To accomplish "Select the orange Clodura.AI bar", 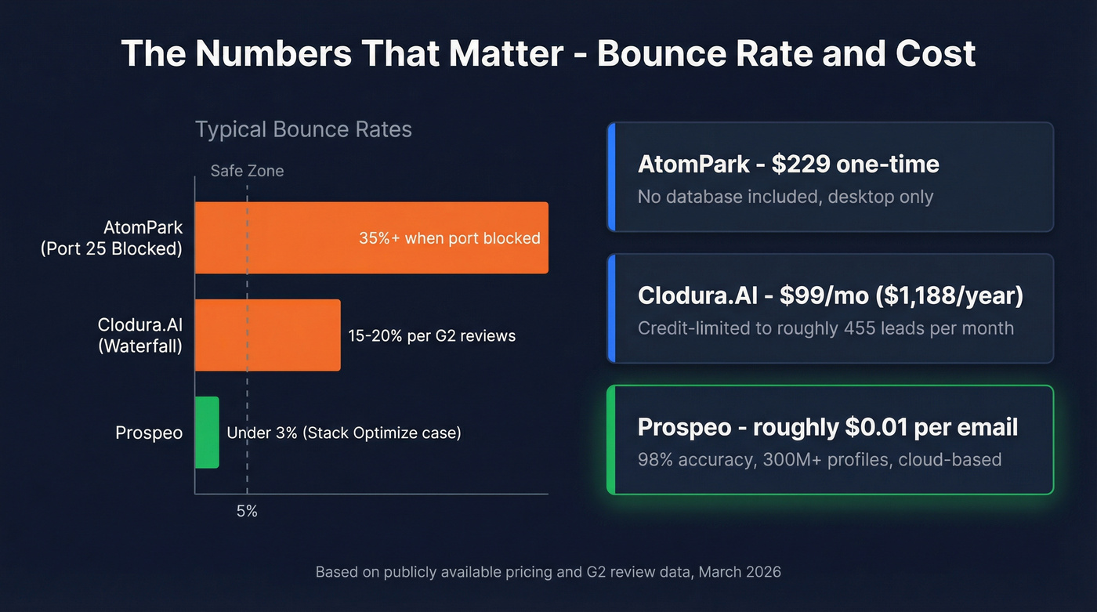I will tap(267, 335).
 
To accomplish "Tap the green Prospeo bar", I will tap(207, 433).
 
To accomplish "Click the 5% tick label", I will tap(247, 512).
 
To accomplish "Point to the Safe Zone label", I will tap(247, 171).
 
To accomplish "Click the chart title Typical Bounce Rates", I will tap(303, 129).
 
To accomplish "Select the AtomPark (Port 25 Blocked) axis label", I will tap(111, 238).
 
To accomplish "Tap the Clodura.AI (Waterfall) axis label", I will tap(140, 335).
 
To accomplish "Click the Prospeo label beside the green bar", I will tap(149, 433).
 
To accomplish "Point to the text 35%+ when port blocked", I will tap(449, 238).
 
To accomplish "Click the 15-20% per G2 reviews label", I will tap(432, 336).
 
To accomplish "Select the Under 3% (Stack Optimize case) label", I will tap(344, 433).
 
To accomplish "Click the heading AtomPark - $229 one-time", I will tap(788, 165).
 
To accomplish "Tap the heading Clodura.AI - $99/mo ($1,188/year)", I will tap(831, 295).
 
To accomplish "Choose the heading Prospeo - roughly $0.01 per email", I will tap(827, 427).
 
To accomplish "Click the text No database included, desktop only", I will tap(785, 197).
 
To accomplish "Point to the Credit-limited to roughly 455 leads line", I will tap(826, 328).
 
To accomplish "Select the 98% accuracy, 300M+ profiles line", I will tap(820, 459).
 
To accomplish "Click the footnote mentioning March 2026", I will tap(548, 572).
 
